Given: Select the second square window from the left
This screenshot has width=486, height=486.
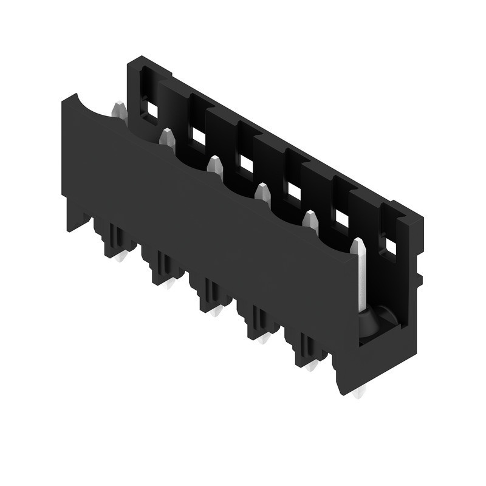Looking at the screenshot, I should pyautogui.click(x=198, y=137).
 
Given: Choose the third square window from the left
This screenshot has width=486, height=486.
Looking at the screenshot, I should pyautogui.click(x=246, y=163).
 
